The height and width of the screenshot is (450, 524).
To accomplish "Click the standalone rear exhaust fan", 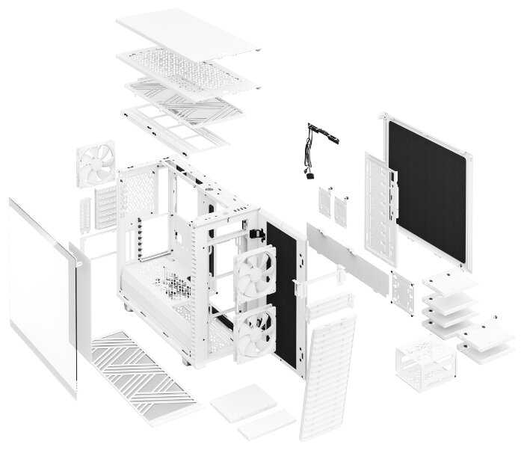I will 95,166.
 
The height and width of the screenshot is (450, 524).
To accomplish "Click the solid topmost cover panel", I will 187,34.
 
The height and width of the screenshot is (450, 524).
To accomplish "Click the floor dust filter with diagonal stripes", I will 142,370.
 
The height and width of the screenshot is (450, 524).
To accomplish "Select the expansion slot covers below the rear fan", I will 105,206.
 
